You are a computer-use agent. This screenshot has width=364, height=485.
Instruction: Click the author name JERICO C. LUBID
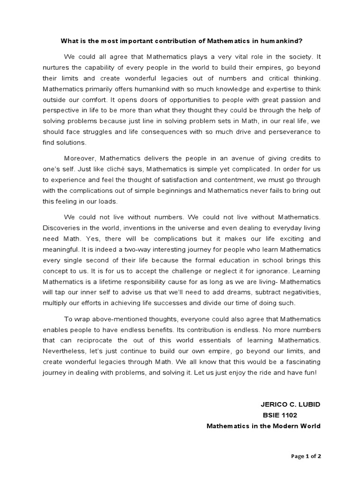tap(291, 404)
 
